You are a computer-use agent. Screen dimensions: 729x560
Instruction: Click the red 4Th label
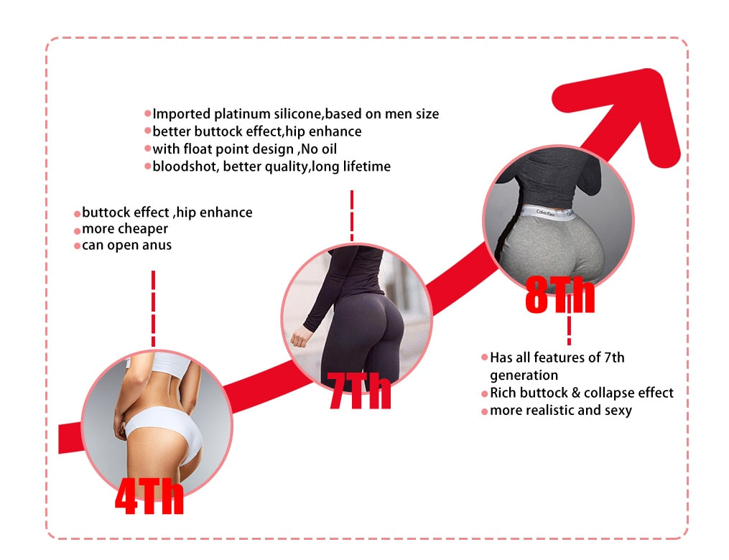click(149, 496)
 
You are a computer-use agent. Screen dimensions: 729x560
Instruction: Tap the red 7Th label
click(359, 391)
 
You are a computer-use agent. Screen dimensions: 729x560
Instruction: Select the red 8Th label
click(559, 294)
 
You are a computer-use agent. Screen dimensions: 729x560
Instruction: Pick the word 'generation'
click(524, 375)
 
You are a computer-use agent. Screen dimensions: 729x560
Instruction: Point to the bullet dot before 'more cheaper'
click(77, 231)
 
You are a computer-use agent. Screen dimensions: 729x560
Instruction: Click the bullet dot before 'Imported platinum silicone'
click(148, 113)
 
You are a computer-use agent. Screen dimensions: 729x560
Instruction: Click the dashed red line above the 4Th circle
click(154, 309)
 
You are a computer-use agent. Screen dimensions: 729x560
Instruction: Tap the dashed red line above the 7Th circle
click(352, 215)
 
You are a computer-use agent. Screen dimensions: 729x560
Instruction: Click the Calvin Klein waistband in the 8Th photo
click(548, 213)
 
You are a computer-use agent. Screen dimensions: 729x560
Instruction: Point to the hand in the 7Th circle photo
click(301, 337)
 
